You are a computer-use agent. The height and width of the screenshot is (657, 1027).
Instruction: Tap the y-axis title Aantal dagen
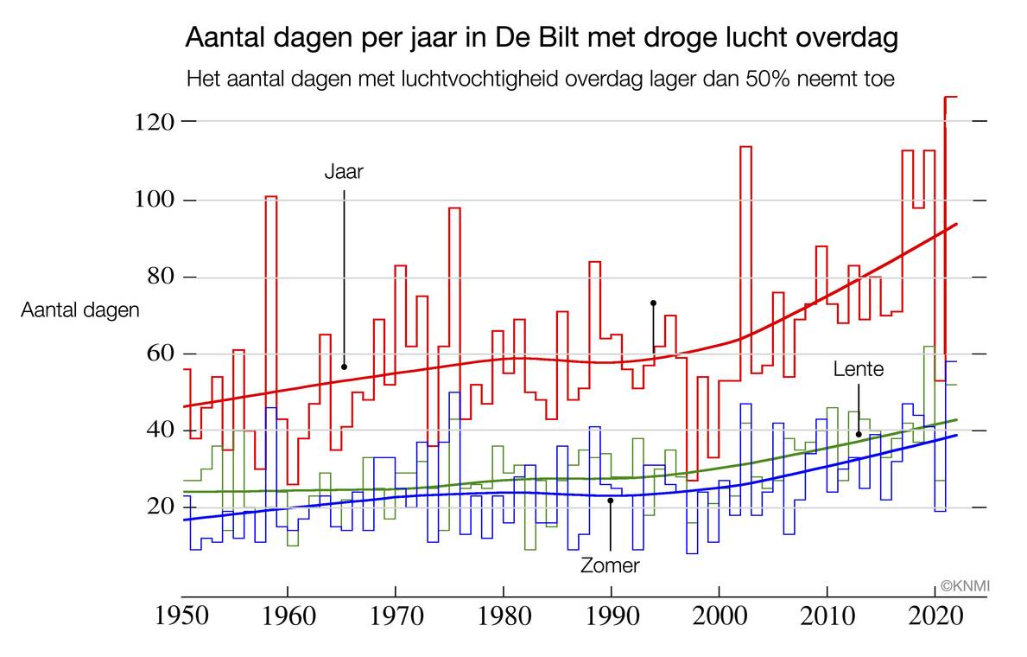click(x=80, y=311)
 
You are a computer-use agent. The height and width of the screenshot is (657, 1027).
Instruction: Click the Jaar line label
click(x=344, y=171)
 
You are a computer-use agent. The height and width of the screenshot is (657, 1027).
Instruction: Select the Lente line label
click(x=859, y=370)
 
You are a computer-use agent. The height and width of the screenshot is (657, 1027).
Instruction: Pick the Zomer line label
click(x=611, y=566)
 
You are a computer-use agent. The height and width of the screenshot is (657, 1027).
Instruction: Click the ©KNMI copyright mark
click(x=965, y=587)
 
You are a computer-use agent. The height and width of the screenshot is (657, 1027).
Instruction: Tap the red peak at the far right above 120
click(x=950, y=97)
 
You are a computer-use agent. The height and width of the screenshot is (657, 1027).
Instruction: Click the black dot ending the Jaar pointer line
click(x=344, y=367)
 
